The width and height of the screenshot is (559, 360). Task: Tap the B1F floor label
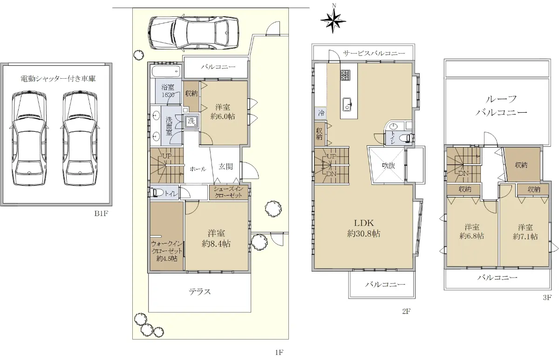[x=101, y=214]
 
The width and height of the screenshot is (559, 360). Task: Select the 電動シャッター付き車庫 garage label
[x=58, y=79]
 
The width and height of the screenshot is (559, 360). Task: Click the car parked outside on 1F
[x=193, y=33]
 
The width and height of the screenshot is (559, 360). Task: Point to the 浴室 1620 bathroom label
[x=168, y=91]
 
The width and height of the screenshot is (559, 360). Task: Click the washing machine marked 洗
[x=191, y=122]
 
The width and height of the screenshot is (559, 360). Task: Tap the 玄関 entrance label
[x=225, y=166]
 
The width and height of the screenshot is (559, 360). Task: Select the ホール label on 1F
[x=198, y=169]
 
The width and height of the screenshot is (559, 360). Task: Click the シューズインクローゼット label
[x=228, y=192]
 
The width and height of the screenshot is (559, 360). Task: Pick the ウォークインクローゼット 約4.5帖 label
[x=167, y=251]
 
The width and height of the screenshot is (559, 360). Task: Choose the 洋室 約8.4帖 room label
[x=216, y=238]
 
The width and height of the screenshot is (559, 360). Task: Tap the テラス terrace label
[x=200, y=292]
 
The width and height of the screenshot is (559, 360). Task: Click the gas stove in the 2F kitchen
[x=346, y=75]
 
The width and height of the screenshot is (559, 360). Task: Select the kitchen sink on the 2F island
[x=347, y=104]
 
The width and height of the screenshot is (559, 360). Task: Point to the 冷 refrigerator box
[x=321, y=113]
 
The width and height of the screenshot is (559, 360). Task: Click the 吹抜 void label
[x=389, y=165]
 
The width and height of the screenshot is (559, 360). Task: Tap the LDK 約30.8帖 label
[x=364, y=228]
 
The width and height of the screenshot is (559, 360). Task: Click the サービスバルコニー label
[x=374, y=53]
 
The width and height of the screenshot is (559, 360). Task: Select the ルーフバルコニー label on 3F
[x=501, y=106]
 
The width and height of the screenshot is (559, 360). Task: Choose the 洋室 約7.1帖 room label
[x=525, y=232]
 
